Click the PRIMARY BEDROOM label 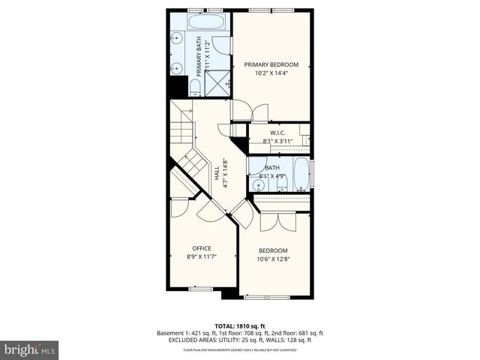tap(271, 64)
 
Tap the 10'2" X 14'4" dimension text tap(271, 73)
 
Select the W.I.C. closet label tap(278, 133)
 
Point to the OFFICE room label tap(202, 248)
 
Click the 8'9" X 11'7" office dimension tap(202, 257)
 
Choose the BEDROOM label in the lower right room tap(273, 250)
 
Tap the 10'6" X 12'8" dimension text tap(273, 259)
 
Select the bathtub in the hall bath tap(301, 175)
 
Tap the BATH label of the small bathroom tap(271, 168)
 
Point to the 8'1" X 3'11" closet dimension tap(278, 141)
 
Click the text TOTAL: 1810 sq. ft tap(240, 325)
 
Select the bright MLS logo tap(30, 349)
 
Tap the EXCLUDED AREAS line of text tap(240, 340)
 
